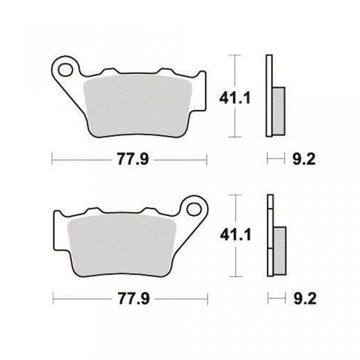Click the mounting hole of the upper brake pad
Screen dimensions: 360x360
pos(65,70)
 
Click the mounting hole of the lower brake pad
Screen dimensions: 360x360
pos(194,209)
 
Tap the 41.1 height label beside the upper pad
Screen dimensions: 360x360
pos(234,98)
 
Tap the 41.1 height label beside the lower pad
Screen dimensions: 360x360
pos(235,235)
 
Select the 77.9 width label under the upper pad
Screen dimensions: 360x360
pos(133,159)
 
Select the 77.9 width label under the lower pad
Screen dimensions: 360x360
pos(134,298)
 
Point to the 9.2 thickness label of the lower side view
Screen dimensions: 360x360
pos(305,298)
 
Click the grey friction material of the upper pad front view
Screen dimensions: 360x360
pos(138,106)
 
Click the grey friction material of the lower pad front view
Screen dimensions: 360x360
pos(121,246)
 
